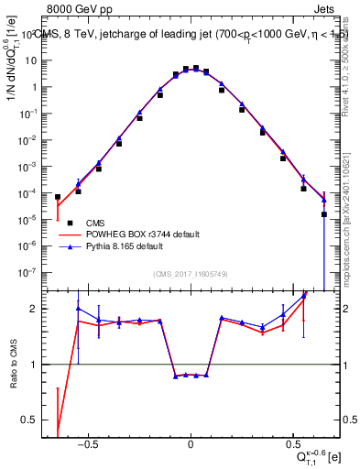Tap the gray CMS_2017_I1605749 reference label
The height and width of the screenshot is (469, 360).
(191, 274)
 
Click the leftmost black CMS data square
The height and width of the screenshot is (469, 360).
(58, 197)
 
